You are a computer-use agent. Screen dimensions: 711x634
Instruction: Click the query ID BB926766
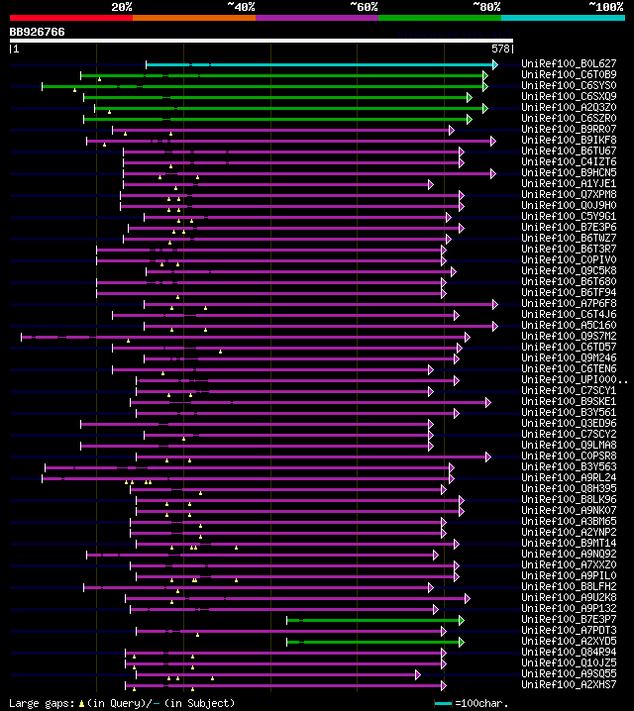38,32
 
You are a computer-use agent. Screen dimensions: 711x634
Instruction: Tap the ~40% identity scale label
241,6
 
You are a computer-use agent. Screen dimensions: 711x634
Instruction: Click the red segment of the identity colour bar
70,17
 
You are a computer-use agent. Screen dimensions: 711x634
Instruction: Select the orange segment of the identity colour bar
193,17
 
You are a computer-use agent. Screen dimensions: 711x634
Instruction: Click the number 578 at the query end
500,48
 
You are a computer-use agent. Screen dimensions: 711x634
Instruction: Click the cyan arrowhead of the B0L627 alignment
493,64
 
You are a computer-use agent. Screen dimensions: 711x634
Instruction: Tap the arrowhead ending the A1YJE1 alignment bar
431,184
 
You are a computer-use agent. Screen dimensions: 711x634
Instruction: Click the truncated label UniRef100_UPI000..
572,380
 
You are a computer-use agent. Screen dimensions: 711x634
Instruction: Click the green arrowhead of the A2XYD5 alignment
461,642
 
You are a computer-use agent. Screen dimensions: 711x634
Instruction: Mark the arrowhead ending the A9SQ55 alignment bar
418,674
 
